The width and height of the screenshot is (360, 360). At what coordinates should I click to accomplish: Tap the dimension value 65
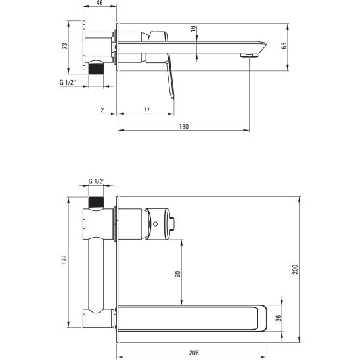coord(284,46)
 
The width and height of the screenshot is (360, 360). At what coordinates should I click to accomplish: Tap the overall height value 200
coord(295,269)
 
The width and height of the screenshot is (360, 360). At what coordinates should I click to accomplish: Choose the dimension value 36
coord(278,319)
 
